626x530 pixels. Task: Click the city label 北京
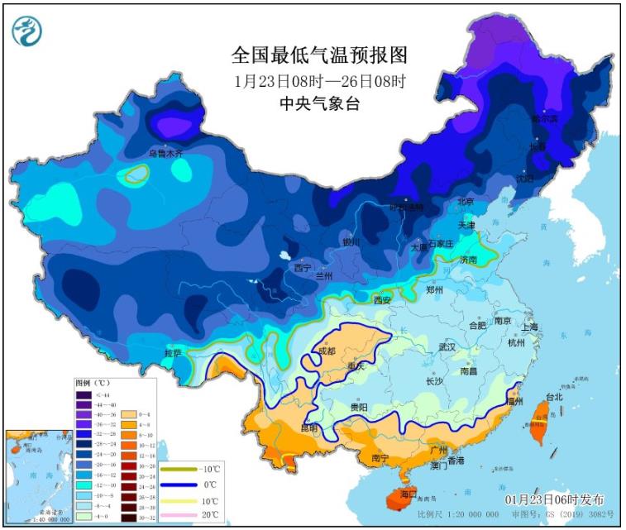(x=466, y=201)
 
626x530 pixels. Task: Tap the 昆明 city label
(x=309, y=428)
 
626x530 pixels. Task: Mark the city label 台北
(x=553, y=397)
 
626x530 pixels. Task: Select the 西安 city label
(x=382, y=300)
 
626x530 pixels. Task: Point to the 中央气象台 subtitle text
(x=319, y=103)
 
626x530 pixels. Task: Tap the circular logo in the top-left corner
(x=28, y=31)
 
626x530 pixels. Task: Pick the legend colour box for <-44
(x=84, y=394)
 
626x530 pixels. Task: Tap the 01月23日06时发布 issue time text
(x=554, y=500)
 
